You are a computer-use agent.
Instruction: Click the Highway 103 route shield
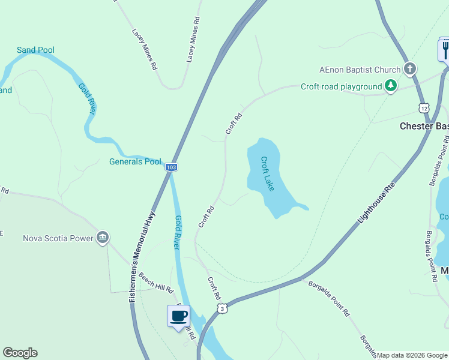point(172,167)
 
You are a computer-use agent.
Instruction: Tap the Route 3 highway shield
point(223,308)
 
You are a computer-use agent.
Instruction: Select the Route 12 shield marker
point(424,108)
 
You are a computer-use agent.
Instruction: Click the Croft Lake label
point(267,174)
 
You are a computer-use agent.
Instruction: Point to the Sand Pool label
point(35,50)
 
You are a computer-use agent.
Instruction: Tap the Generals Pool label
point(135,161)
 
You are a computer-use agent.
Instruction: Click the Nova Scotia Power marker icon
point(103,238)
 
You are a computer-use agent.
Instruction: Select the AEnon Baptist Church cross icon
point(410,68)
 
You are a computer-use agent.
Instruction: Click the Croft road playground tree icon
point(391,86)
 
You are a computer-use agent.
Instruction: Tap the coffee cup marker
point(178,316)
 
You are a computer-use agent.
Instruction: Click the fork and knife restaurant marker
point(445,49)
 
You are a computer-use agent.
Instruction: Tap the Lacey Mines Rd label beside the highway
point(193,40)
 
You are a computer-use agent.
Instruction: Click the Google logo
point(20,353)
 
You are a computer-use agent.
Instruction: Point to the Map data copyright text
point(412,355)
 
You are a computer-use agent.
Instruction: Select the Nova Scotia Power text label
point(58,238)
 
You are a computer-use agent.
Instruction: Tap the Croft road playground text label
point(341,87)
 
